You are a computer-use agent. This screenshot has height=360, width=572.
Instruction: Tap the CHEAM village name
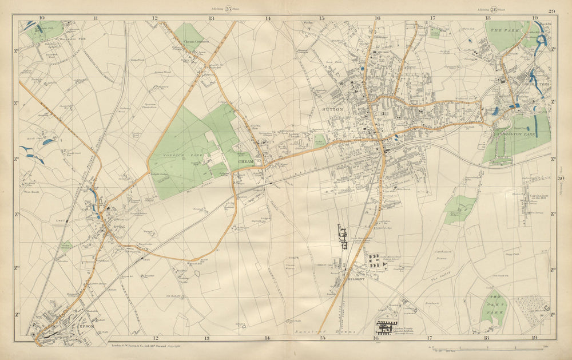coord(245,162)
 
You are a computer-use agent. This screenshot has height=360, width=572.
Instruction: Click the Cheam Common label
coord(196,42)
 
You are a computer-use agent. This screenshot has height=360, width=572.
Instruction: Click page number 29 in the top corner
coord(551,11)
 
